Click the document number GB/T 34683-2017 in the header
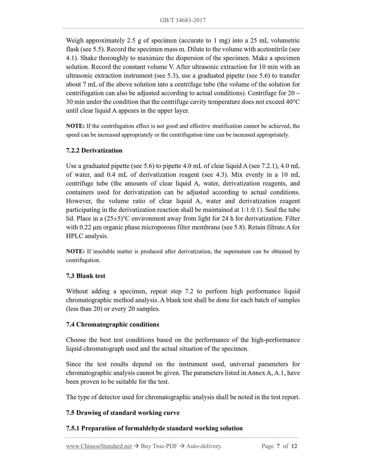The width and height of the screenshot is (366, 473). click(183, 20)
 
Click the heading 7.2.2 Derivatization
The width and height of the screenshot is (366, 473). click(94, 150)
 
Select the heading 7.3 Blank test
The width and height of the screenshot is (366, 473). click(86, 276)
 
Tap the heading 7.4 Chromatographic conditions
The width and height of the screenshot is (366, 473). click(112, 325)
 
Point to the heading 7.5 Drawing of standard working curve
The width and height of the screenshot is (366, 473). click(123, 413)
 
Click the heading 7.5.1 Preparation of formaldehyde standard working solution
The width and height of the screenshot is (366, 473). click(154, 428)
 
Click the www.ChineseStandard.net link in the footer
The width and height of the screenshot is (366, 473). click(99, 446)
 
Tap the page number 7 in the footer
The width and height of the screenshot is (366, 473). click(278, 446)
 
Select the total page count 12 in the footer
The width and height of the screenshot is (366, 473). click(294, 446)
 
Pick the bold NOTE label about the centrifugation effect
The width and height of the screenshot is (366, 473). click(75, 126)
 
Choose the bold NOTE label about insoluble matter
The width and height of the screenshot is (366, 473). click(75, 251)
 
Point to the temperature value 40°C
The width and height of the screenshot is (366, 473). click(293, 102)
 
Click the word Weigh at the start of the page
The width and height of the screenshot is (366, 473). click(75, 40)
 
